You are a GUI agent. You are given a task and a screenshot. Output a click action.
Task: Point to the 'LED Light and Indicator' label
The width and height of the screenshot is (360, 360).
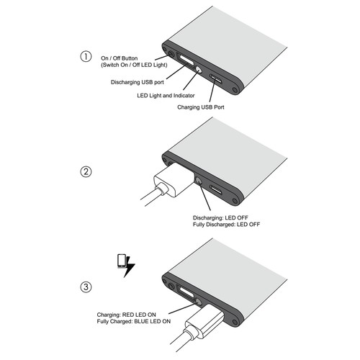pyautogui.click(x=166, y=95)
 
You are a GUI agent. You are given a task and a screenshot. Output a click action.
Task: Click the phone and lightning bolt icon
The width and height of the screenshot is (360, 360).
pyautogui.click(x=125, y=264)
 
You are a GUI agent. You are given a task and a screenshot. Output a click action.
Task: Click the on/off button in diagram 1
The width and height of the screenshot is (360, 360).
pyautogui.click(x=171, y=53)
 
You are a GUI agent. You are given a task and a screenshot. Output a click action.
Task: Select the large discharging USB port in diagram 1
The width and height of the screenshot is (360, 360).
pyautogui.click(x=185, y=61)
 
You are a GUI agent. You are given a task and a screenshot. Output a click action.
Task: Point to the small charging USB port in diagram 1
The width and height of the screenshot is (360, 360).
pyautogui.click(x=217, y=78)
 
